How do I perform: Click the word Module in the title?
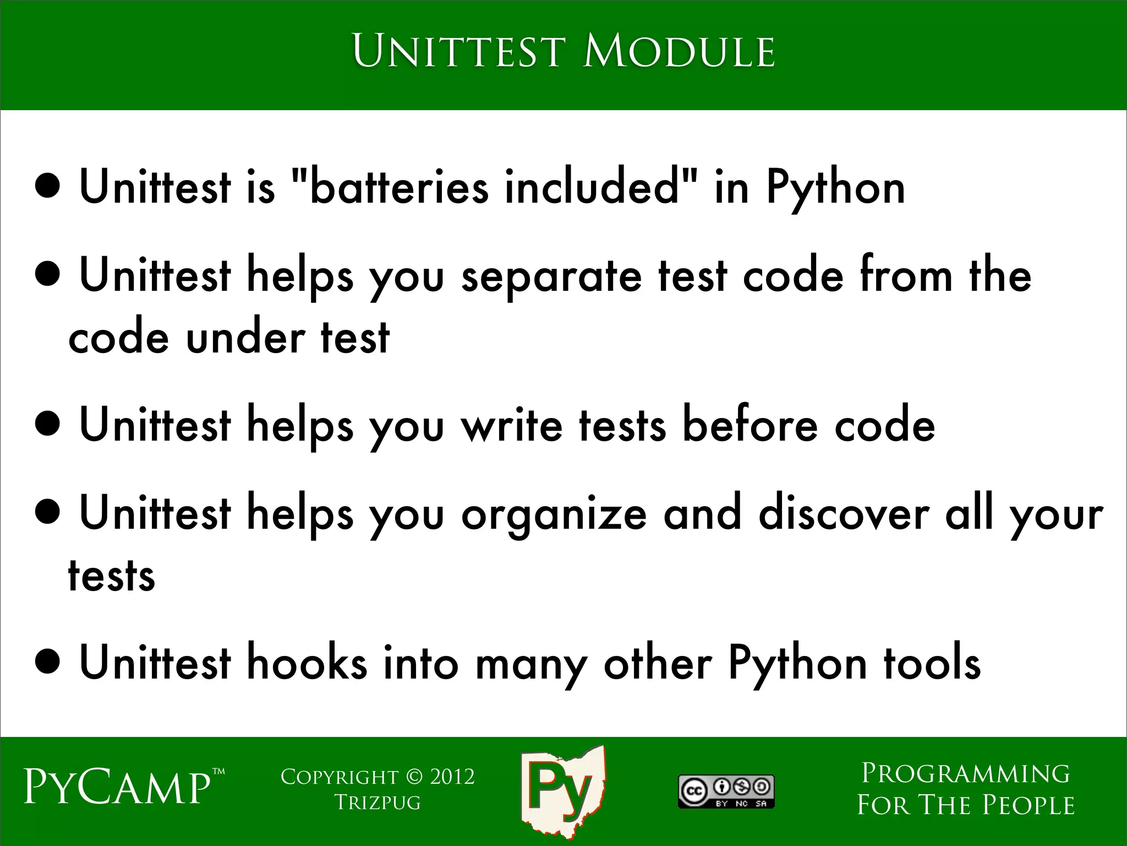(679, 52)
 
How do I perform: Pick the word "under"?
(245, 337)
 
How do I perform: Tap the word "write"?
(512, 426)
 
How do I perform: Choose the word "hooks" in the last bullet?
(307, 664)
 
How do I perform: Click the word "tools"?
(932, 664)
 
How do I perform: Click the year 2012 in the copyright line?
(452, 777)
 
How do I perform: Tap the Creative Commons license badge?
(726, 792)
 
